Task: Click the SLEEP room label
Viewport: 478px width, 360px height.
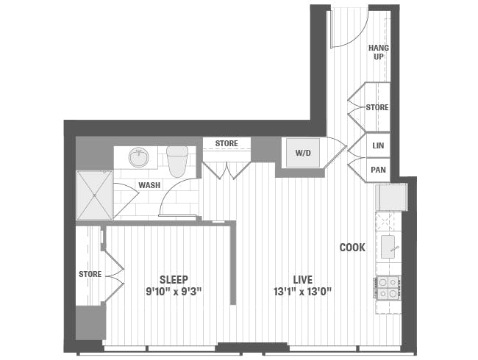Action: [x=174, y=279]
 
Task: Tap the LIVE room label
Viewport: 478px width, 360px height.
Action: [x=302, y=279]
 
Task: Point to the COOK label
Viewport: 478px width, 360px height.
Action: [x=352, y=248]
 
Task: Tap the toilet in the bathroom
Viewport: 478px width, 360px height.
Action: [x=177, y=159]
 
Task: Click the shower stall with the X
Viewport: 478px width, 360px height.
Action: [x=93, y=195]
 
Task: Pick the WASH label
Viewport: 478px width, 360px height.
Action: [x=150, y=185]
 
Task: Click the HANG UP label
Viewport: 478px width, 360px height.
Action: [x=379, y=52]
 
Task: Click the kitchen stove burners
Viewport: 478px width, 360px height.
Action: [x=388, y=287]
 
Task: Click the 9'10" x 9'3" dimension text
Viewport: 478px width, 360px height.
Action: [x=174, y=292]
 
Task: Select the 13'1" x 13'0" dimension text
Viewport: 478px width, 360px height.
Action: [x=302, y=292]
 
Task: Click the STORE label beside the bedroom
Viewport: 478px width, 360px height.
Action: [x=90, y=274]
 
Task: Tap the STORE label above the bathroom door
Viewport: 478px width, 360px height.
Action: [x=226, y=143]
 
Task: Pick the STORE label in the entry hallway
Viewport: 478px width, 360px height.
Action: [x=377, y=107]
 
